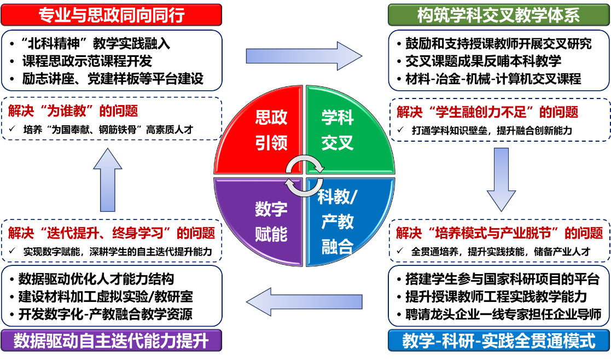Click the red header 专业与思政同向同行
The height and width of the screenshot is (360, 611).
tap(112, 15)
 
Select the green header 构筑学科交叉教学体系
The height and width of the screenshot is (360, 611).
tap(498, 15)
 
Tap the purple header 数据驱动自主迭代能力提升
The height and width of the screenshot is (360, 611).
tap(112, 341)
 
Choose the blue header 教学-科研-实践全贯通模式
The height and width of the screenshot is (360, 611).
tap(498, 341)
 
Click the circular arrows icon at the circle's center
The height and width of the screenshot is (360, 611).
tap(304, 175)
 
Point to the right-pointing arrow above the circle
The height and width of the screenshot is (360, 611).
tap(304, 56)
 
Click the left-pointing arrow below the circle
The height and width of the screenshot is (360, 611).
tap(304, 302)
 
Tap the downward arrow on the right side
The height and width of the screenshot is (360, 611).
tap(501, 179)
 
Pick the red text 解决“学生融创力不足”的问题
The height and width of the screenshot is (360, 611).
tap(487, 112)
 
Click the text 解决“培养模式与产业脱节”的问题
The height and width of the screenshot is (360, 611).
tap(499, 234)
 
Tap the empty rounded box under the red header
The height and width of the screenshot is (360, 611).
tap(112, 60)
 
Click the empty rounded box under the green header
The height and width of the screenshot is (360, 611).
tap(498, 60)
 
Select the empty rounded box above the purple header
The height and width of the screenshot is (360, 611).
tap(112, 296)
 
